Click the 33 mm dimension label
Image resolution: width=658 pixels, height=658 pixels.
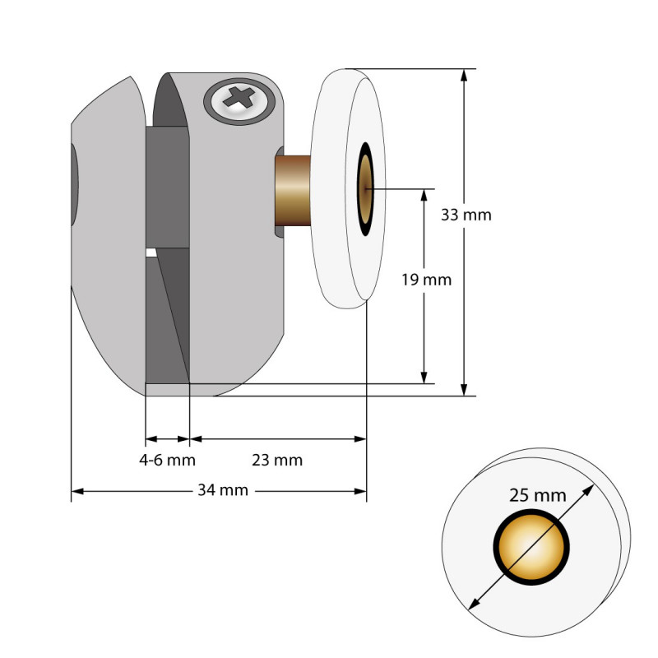click(466, 215)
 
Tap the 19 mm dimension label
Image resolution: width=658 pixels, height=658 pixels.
click(426, 280)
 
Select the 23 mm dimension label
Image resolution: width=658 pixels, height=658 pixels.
click(277, 460)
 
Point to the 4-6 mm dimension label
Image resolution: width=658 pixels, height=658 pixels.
click(167, 460)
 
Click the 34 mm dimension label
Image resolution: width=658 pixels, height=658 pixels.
click(222, 491)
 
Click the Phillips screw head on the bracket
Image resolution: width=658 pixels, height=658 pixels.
click(242, 101)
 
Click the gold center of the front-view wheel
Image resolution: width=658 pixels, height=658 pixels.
click(531, 547)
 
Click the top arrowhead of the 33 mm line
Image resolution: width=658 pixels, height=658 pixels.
click(465, 75)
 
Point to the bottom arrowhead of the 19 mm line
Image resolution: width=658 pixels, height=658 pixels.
click(424, 378)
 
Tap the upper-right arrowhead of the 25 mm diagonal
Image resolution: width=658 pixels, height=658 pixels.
click(591, 489)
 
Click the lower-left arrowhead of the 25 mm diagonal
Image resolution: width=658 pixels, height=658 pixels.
click(471, 605)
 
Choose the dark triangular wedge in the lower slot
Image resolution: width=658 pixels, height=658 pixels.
click(175, 321)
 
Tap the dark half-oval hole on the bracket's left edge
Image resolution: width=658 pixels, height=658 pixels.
click(75, 185)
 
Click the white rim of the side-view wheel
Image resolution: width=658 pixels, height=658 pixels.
click(333, 189)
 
